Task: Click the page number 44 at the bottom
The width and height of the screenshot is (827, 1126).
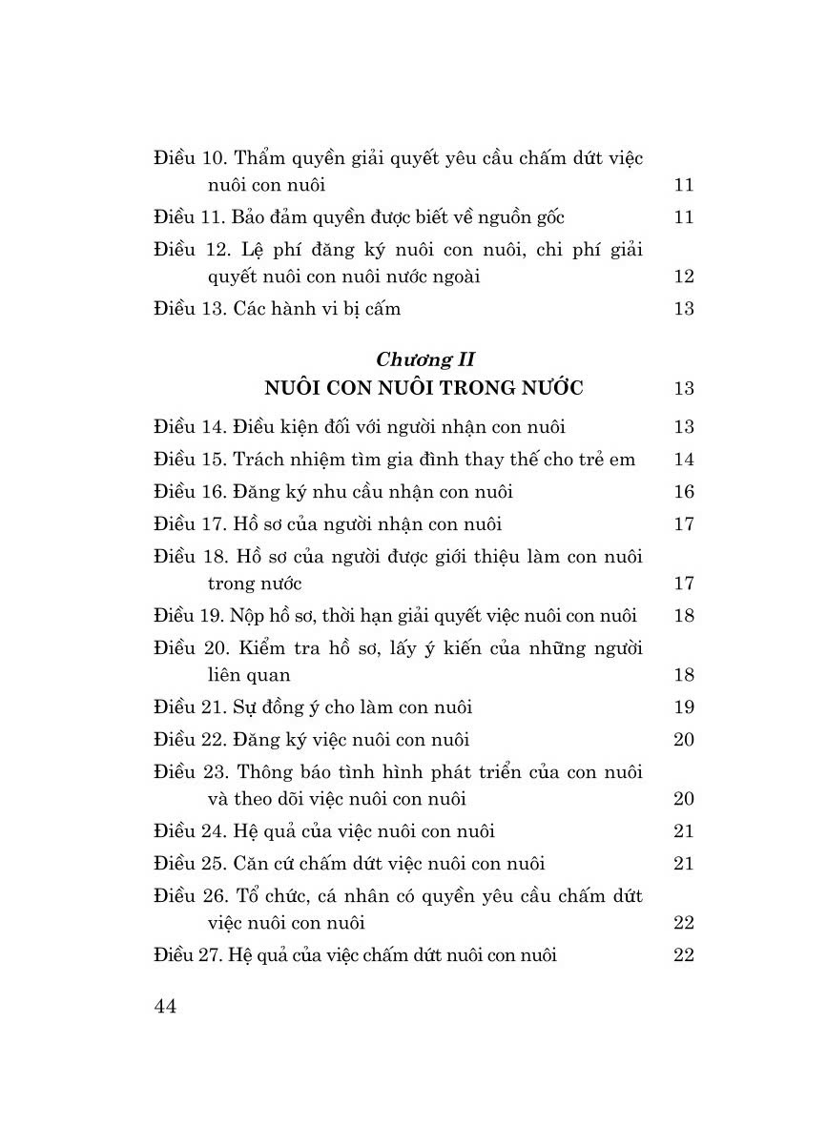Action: [165, 1007]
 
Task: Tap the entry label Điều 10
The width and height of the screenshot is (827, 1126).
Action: [188, 157]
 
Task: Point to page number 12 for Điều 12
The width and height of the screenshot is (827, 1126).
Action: [683, 276]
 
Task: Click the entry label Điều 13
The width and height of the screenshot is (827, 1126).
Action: [188, 308]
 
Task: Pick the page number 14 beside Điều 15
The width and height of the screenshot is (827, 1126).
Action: [683, 459]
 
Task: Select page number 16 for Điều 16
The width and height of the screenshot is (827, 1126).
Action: [683, 491]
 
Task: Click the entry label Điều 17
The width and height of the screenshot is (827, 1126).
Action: [188, 523]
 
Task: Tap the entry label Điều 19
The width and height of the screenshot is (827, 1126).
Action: [187, 615]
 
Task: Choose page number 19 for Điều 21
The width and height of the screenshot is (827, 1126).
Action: [683, 706]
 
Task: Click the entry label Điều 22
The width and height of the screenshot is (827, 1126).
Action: [188, 739]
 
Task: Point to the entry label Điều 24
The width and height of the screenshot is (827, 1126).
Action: [188, 830]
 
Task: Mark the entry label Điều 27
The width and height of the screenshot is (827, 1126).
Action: [187, 954]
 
